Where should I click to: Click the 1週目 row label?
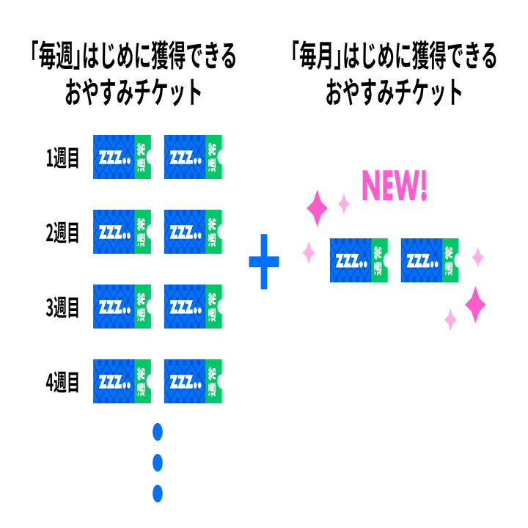62,158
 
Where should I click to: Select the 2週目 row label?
62,233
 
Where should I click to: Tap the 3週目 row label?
62,308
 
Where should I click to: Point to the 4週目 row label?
62,382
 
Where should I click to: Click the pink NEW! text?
394,186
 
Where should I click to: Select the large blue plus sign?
264,262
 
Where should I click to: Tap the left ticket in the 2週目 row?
122,232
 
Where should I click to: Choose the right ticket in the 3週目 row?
192,307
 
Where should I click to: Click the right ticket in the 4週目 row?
192,381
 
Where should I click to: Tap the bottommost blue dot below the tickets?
157,492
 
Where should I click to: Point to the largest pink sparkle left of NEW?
318,208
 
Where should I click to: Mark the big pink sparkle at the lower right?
475,304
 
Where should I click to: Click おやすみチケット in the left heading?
133,95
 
